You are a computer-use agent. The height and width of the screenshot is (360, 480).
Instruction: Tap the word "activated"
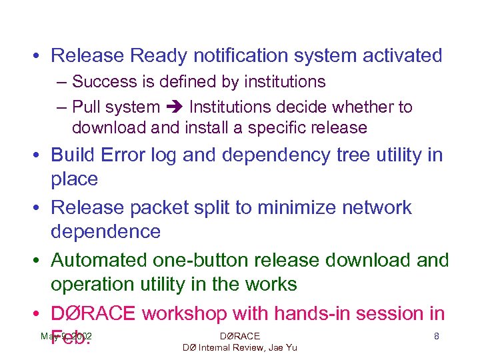pos(402,55)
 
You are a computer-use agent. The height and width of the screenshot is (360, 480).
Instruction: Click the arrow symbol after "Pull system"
pos(175,107)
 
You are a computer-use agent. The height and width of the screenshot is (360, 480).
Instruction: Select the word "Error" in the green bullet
pos(126,155)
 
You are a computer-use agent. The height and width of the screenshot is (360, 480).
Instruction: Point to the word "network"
pos(377,207)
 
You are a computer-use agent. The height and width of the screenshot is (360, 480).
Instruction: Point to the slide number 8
pos(436,337)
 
